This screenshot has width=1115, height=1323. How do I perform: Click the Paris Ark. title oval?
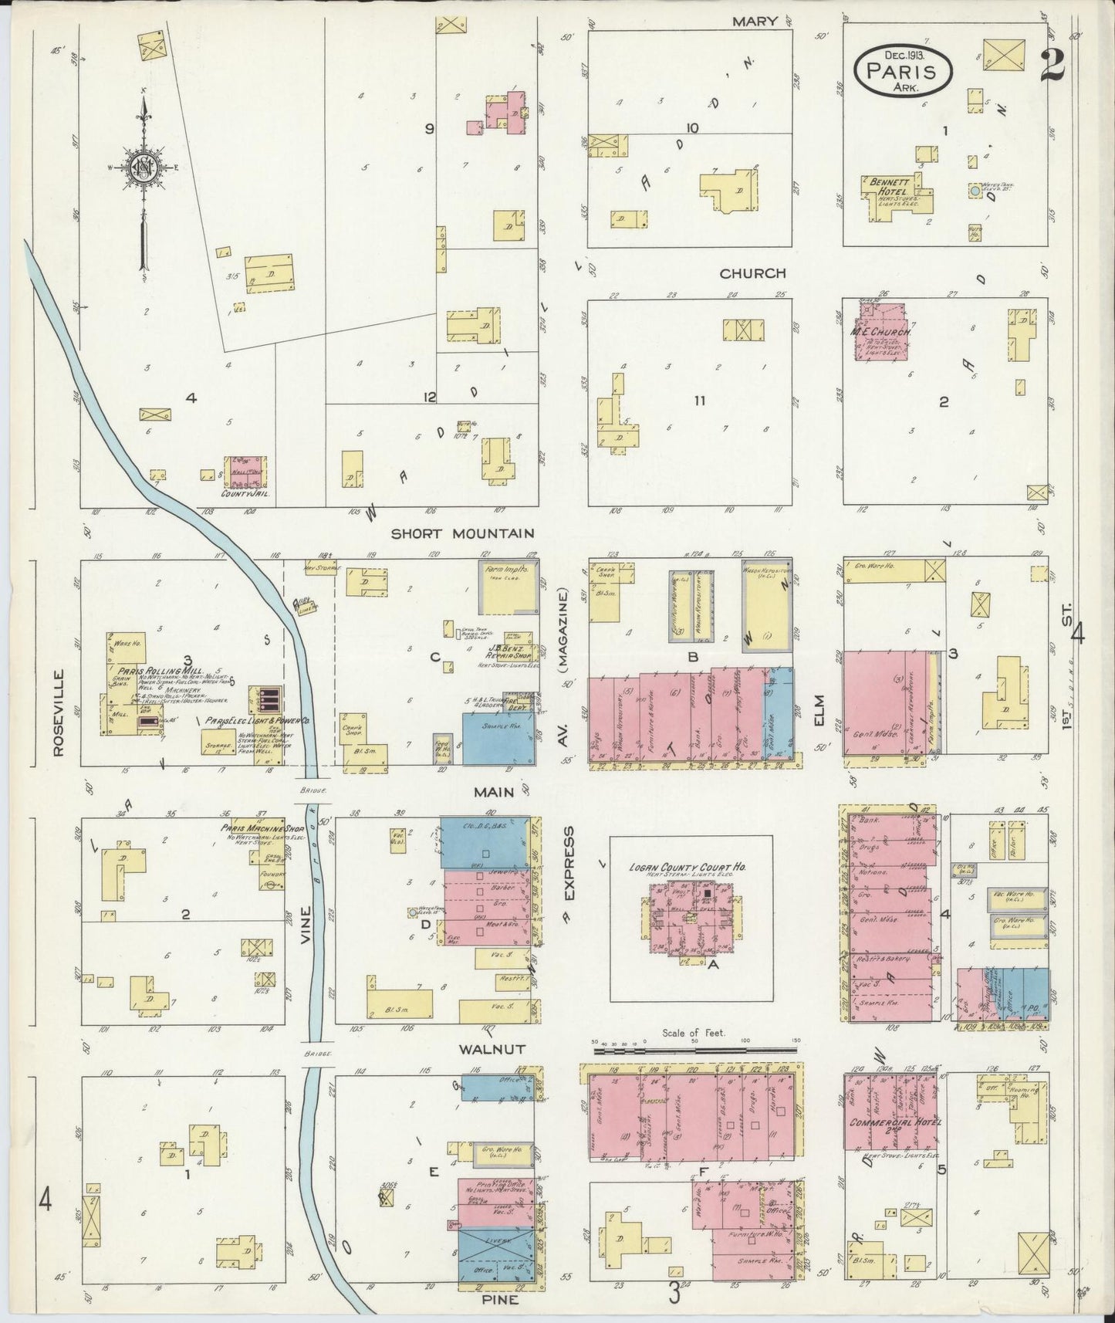[x=903, y=67]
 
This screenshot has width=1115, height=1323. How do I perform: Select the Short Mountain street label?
[x=462, y=533]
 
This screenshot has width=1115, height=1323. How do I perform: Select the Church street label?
[x=752, y=273]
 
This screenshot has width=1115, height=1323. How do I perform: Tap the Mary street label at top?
[x=754, y=22]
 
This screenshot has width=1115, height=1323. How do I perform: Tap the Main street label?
[x=494, y=792]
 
